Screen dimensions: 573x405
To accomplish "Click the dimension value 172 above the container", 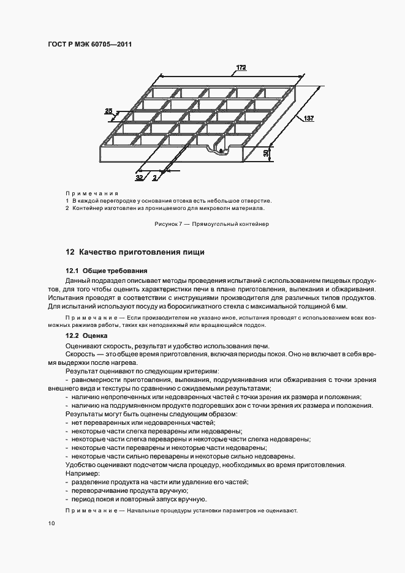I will [x=241, y=68].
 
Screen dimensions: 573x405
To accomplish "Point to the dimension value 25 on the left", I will [x=108, y=111].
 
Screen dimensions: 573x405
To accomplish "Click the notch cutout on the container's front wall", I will [x=218, y=148].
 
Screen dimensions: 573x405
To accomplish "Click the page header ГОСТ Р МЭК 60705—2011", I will [x=89, y=45].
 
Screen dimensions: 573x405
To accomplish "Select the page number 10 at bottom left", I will [x=51, y=523].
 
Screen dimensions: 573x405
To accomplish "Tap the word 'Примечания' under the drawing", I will [x=91, y=193].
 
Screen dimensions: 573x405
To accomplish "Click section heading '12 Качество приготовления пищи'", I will [x=135, y=252].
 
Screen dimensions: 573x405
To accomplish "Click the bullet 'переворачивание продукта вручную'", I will [x=127, y=491].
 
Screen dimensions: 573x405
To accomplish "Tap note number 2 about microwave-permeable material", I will [x=67, y=208].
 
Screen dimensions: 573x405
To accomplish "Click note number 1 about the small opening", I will [x=67, y=201].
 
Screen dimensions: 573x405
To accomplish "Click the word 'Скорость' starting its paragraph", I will [x=80, y=354].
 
